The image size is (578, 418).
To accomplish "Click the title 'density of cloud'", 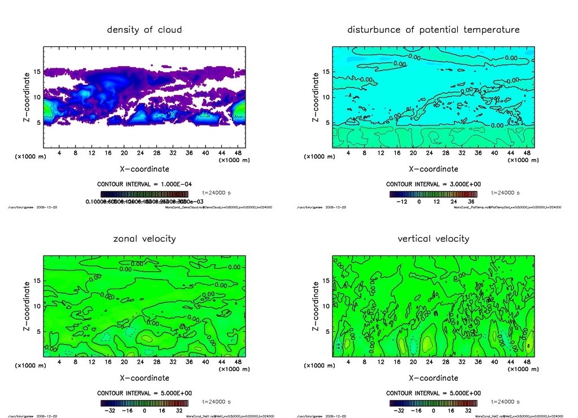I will point(144,29).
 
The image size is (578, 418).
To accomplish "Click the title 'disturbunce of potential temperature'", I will point(433,29).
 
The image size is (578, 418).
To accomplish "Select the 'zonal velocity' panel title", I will point(144,238).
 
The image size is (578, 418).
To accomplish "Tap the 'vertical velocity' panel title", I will point(433,238).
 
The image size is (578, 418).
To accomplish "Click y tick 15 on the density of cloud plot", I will point(37,72).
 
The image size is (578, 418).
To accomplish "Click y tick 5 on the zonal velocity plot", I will point(38,332).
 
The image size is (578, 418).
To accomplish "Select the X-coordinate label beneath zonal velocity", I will point(144,377).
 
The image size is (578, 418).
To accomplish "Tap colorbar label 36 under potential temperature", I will point(470,201).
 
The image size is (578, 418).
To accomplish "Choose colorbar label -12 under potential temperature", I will point(402,201).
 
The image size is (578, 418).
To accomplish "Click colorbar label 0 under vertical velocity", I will point(433,411).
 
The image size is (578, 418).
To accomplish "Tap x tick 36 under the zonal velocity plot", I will point(189,362).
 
